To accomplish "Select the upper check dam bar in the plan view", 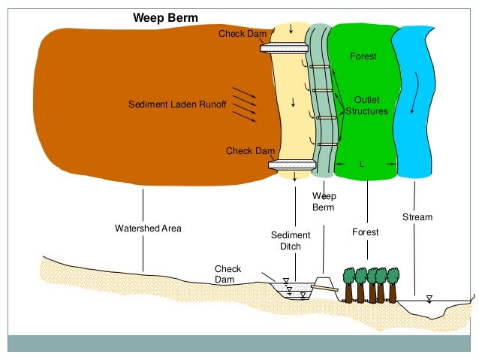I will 285,48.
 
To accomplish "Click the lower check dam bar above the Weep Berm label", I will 291,165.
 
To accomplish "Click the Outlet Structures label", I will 367,105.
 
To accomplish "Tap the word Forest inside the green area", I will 363,56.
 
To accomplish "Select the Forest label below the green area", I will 366,232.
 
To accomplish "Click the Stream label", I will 417,217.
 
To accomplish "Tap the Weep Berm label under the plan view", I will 324,201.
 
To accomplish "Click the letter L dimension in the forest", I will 362,163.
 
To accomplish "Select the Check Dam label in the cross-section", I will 227,273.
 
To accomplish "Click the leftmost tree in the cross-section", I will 349,284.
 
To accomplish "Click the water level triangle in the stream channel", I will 429,298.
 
